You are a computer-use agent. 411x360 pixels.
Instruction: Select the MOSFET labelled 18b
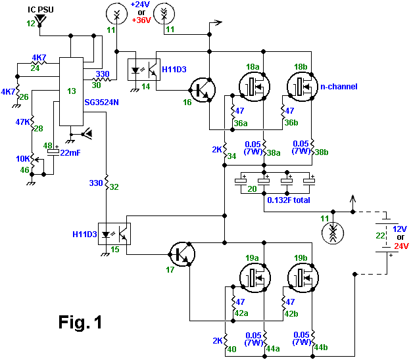(301, 86)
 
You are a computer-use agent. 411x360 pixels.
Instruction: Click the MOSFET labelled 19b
(301, 276)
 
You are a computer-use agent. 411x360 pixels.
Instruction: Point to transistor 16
(201, 90)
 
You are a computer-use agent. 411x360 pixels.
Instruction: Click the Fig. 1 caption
(80, 323)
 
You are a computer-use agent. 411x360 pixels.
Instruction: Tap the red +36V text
(141, 20)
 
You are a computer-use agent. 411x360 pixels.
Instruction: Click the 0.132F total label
(288, 200)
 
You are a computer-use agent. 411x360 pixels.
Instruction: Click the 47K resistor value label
(23, 122)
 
